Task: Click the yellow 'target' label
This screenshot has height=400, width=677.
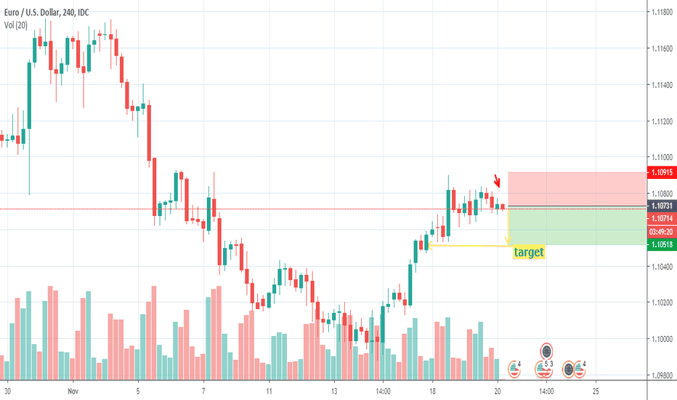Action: click(529, 252)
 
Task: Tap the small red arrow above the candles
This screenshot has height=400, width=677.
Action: click(498, 180)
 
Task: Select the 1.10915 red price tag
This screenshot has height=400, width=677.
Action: click(661, 172)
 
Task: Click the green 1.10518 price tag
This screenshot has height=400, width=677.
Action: click(661, 245)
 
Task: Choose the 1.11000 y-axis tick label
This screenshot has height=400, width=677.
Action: click(661, 158)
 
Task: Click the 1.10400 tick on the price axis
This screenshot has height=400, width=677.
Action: click(661, 267)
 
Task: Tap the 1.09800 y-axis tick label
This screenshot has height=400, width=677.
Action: click(661, 376)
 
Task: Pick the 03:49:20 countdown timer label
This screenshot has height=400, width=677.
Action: click(661, 231)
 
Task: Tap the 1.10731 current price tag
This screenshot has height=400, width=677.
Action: click(661, 207)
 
